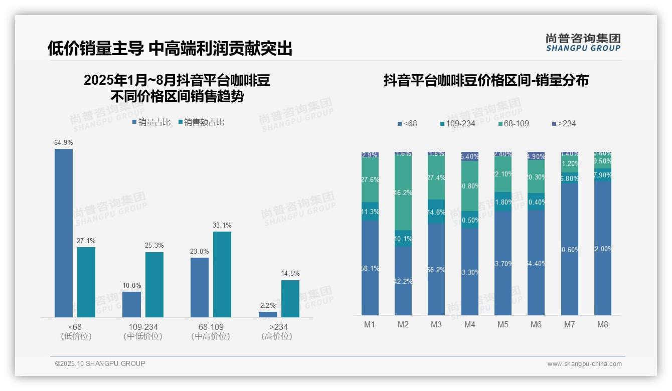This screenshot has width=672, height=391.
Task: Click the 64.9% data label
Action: click(x=64, y=143)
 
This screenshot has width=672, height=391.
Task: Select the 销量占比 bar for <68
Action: click(x=64, y=233)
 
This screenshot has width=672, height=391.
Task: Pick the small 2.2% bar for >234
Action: click(x=268, y=314)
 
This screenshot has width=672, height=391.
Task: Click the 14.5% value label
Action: click(x=290, y=274)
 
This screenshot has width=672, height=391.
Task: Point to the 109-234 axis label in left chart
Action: click(x=143, y=327)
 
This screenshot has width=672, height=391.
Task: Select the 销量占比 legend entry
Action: click(x=151, y=122)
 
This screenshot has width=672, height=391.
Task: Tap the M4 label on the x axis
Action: click(x=469, y=325)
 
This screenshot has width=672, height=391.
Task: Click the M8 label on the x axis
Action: click(x=603, y=325)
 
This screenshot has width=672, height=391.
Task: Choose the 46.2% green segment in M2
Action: click(x=403, y=193)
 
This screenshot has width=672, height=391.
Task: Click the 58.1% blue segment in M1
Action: click(x=370, y=268)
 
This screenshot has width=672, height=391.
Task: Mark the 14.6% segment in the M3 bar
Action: click(x=436, y=212)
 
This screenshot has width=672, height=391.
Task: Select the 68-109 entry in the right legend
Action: click(x=514, y=123)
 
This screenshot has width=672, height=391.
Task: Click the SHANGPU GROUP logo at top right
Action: click(x=583, y=43)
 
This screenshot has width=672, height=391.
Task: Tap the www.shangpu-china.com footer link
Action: click(x=584, y=364)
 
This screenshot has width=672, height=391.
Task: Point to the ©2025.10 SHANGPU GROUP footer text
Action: click(x=100, y=363)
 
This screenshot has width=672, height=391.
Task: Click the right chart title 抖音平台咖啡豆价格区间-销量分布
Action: click(x=486, y=80)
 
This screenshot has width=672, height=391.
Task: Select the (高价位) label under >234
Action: click(x=277, y=336)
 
